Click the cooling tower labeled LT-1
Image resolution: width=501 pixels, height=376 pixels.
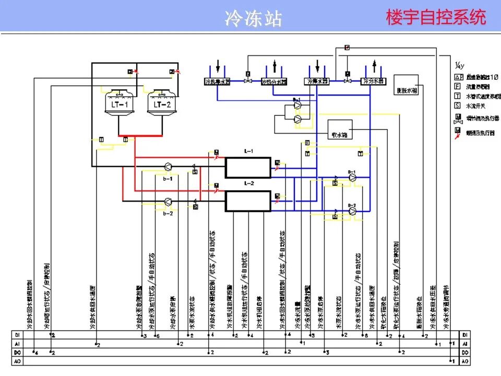(x=116, y=102)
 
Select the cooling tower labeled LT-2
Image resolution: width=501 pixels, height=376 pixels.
(x=162, y=102)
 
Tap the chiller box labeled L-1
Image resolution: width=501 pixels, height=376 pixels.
(x=248, y=168)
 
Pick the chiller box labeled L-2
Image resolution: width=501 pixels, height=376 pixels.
(x=248, y=201)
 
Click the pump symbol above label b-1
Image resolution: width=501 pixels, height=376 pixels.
(x=168, y=167)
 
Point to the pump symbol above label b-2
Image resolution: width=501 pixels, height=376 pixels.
(x=168, y=201)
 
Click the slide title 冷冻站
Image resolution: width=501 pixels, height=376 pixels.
(x=253, y=18)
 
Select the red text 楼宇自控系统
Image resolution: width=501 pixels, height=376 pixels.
(x=436, y=17)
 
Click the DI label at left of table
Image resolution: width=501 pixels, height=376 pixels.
(x=18, y=335)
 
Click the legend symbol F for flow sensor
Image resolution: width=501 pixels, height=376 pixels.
(x=457, y=86)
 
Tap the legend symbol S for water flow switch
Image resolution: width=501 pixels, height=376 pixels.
(x=457, y=105)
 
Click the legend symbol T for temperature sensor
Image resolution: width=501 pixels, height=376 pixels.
(x=457, y=96)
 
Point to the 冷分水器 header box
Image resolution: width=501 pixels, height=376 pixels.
(x=374, y=81)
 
